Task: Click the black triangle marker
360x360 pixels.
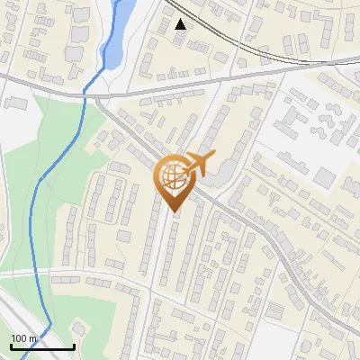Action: coord(181,24)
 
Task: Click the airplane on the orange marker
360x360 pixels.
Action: coord(201,166)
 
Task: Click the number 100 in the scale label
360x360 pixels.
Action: coord(19,338)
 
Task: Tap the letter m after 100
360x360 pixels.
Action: coord(31,338)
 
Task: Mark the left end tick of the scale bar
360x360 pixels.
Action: coord(10,346)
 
